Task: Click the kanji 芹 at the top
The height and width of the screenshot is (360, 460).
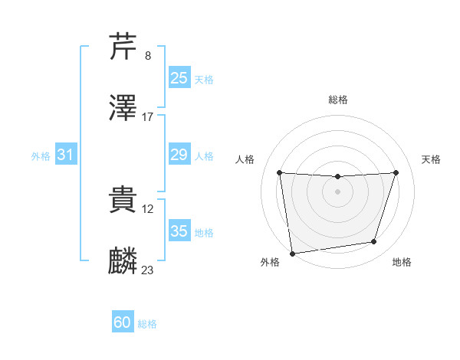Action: (x=123, y=47)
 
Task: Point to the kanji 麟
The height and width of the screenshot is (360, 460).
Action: (x=123, y=261)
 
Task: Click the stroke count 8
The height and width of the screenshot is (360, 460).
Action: (x=148, y=56)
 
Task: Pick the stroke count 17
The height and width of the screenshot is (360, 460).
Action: (x=148, y=117)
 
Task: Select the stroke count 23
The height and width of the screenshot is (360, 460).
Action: (x=148, y=270)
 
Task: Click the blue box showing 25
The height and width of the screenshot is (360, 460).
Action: (x=179, y=78)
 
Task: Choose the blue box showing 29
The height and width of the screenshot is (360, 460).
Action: (x=179, y=155)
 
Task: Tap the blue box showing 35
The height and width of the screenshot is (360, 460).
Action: (x=179, y=231)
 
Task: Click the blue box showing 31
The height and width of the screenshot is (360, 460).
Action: (x=66, y=155)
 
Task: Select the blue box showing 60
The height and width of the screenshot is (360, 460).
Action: (x=123, y=322)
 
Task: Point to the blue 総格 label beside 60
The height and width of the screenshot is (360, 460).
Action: (x=147, y=324)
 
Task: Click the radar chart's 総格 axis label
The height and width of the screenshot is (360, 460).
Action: (x=338, y=100)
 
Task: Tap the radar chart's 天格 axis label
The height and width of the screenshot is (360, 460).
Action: (x=431, y=159)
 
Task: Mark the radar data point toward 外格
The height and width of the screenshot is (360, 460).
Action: (x=292, y=253)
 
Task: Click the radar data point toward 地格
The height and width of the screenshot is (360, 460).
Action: (x=374, y=242)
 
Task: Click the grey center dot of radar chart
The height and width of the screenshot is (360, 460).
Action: (x=337, y=191)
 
